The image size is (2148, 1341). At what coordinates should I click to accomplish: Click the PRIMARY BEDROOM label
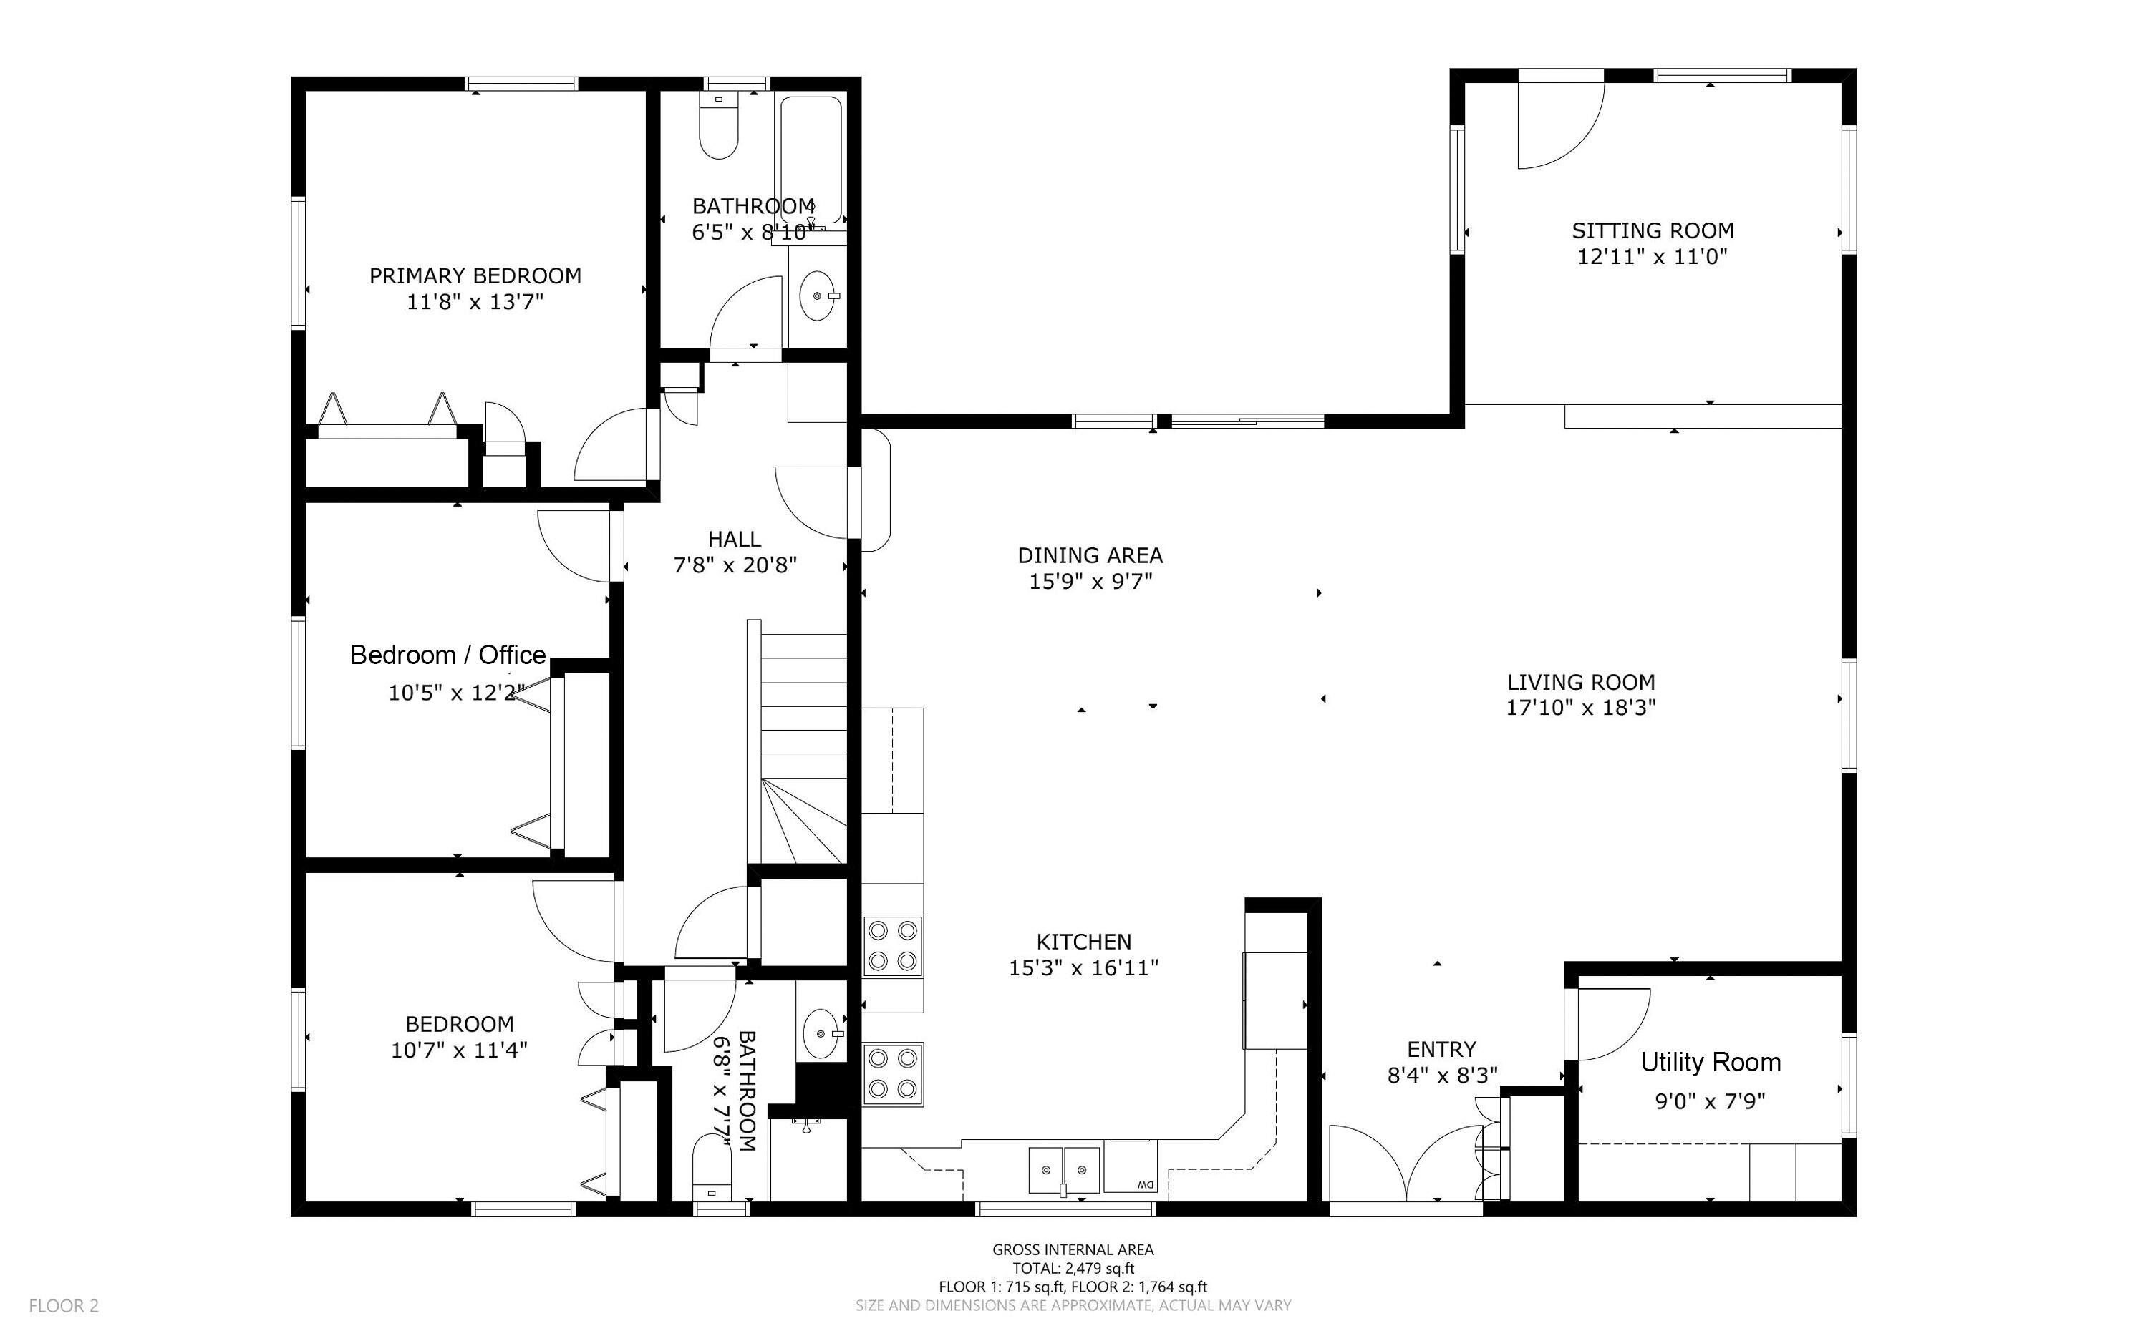click(475, 275)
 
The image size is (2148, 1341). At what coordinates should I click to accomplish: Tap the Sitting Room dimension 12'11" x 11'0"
click(1652, 257)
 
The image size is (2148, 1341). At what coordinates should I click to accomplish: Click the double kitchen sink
click(1064, 1170)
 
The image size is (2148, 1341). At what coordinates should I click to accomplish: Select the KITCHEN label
click(1083, 941)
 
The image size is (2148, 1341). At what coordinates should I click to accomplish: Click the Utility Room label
click(1710, 1062)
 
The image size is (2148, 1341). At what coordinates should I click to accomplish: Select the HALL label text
click(734, 540)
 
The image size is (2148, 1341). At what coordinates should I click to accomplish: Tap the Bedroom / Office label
click(447, 655)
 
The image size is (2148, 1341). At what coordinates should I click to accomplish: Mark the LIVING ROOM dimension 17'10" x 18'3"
click(1580, 708)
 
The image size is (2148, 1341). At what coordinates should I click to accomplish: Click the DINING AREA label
click(1090, 556)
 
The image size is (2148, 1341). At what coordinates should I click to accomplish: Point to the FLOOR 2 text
click(64, 1305)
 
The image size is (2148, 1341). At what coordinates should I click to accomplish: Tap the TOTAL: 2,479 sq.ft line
click(1073, 1268)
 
